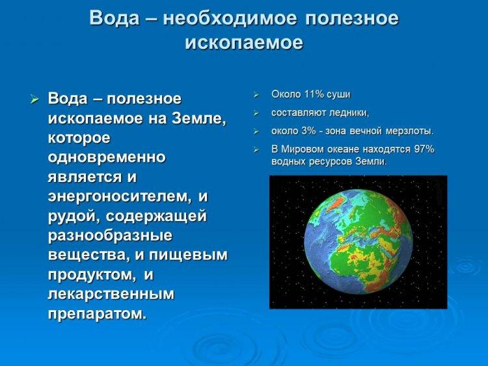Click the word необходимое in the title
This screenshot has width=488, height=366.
point(230,18)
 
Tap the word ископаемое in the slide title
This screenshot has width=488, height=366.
point(244,43)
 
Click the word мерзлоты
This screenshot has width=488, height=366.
point(409,131)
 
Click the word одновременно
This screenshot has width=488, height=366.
point(107,157)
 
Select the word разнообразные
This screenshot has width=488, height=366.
point(110,235)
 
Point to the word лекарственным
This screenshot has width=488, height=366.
point(111,294)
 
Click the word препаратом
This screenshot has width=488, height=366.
point(97,314)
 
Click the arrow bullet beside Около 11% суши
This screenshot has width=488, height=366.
point(256,95)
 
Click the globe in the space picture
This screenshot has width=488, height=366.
point(359,242)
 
